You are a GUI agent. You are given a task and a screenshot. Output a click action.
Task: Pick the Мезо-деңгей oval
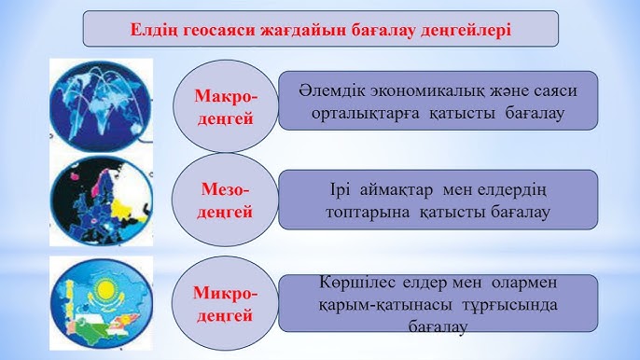(226, 201)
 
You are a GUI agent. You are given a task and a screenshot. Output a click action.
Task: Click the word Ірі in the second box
(340, 190)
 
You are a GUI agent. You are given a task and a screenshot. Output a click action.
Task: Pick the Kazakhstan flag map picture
(101, 301)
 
